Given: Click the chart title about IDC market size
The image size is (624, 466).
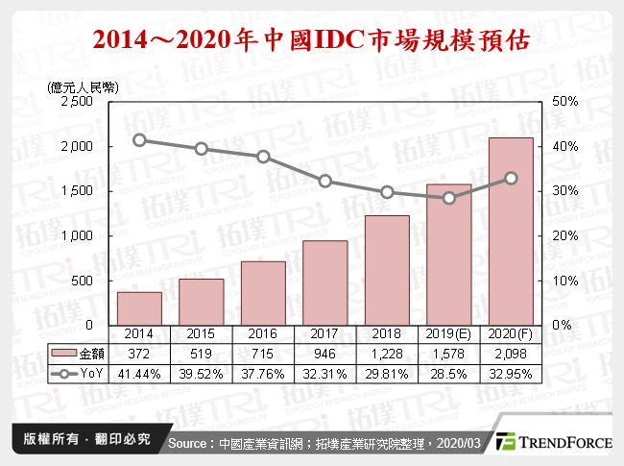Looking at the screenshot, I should click(311, 41).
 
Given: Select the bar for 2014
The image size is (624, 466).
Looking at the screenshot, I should click(139, 308).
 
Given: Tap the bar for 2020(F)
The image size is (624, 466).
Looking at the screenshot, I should click(511, 232).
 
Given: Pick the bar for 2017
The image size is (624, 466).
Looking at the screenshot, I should click(325, 282).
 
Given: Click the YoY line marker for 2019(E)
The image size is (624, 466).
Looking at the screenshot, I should click(449, 198).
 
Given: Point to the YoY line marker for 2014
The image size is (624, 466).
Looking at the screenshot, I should click(139, 140).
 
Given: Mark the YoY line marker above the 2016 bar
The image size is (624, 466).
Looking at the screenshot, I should click(263, 157).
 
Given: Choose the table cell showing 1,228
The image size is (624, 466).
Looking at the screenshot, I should click(387, 354).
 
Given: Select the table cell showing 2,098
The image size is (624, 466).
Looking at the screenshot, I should click(511, 354).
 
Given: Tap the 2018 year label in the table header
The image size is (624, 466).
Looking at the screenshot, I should click(387, 335).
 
